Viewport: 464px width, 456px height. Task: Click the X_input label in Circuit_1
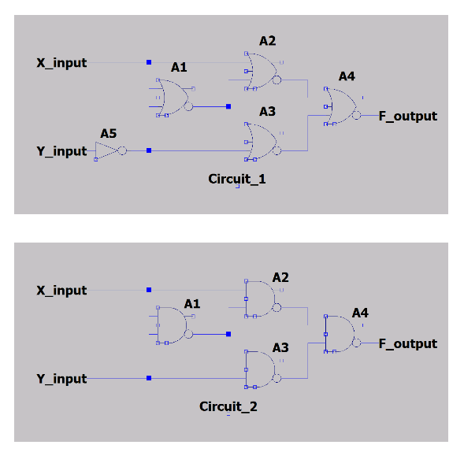tap(61, 62)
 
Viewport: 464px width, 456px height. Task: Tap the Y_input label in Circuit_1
tap(61, 151)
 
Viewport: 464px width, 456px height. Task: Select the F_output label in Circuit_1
tap(407, 116)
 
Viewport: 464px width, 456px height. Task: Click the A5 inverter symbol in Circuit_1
tap(106, 150)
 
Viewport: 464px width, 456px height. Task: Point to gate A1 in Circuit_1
tap(174, 98)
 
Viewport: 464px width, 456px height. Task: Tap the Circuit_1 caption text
tap(237, 179)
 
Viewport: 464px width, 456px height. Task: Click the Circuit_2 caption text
tap(228, 407)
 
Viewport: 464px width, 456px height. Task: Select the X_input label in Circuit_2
tap(61, 291)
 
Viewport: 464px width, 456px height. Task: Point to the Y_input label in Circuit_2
tap(61, 379)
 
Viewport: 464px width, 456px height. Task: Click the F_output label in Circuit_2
tap(407, 343)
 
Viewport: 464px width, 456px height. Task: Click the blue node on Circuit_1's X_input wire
tap(148, 61)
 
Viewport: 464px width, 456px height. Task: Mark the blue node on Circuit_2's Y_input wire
tap(149, 379)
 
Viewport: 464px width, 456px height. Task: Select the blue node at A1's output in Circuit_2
tap(228, 334)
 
